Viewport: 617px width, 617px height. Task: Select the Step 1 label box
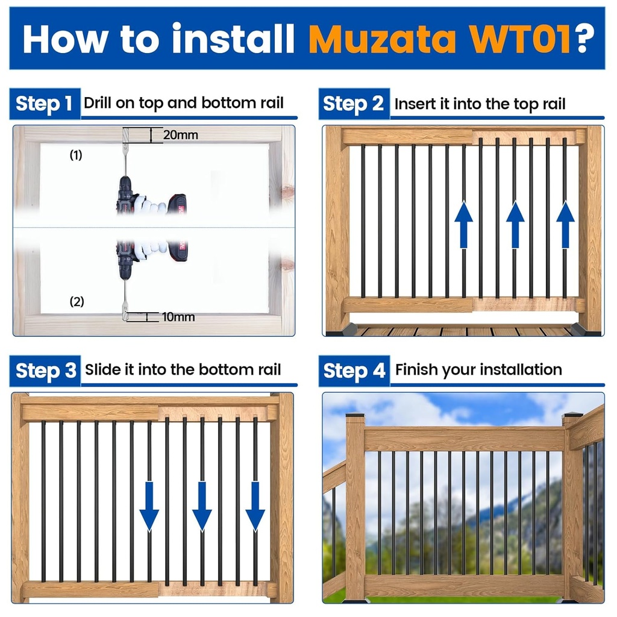45,104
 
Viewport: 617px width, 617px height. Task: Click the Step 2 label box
354,104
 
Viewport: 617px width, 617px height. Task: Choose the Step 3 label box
45,370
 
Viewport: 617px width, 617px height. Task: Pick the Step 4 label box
354,370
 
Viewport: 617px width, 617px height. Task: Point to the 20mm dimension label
180,135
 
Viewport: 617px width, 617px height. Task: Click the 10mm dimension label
178,316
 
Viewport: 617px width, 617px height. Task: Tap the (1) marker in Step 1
75,155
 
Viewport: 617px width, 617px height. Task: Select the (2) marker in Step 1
77,302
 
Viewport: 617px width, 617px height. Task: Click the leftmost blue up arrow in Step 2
463,224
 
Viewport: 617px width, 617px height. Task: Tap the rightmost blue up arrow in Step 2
565,224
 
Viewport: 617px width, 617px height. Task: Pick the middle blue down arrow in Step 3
202,505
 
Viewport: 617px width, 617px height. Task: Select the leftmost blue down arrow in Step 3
149,505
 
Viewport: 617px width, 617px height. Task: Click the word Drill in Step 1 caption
97,103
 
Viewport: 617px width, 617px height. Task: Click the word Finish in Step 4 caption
415,369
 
